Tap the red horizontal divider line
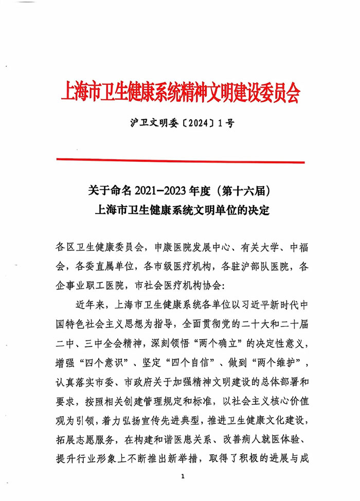click(x=180, y=161)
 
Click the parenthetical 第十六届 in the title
click(x=245, y=192)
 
